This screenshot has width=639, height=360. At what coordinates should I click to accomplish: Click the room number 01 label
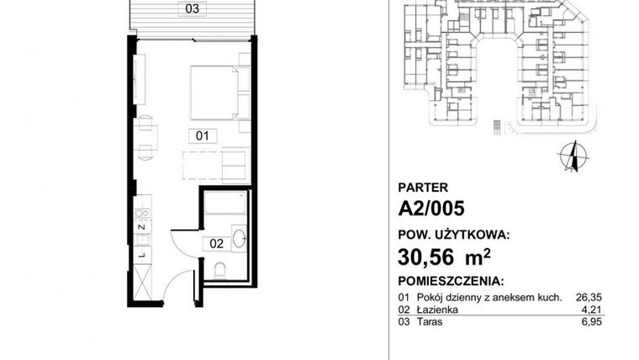click(x=202, y=135)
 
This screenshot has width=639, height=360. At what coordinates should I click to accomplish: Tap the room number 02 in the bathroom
click(x=216, y=244)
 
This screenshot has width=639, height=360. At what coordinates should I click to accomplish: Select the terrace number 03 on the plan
click(x=193, y=9)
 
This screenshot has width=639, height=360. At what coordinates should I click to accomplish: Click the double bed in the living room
click(x=217, y=92)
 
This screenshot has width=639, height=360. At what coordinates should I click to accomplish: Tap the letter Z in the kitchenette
click(x=142, y=226)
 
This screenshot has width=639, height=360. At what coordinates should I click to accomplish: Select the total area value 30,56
click(x=427, y=254)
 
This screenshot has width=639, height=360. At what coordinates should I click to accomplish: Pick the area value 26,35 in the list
click(x=590, y=297)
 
